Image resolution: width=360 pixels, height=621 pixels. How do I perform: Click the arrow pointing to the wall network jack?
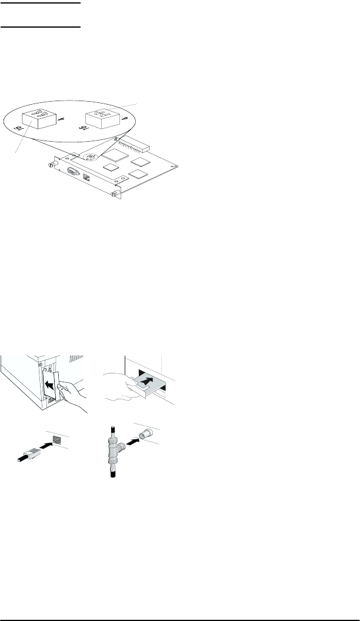tap(44, 446)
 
